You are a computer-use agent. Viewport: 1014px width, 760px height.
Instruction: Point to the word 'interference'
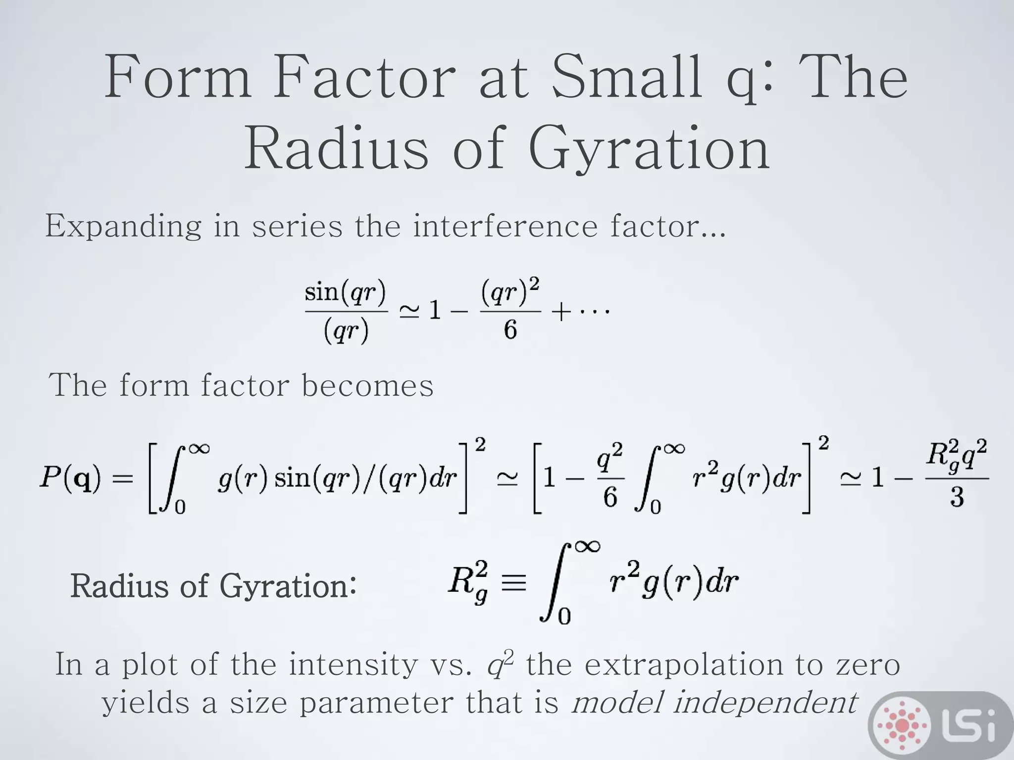[505, 226]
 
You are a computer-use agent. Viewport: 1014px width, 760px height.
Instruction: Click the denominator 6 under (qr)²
[510, 330]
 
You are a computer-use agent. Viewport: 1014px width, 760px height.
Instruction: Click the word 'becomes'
[367, 385]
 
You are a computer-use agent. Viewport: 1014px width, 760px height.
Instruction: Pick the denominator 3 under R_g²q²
[957, 497]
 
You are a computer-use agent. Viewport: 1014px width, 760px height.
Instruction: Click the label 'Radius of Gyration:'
[213, 586]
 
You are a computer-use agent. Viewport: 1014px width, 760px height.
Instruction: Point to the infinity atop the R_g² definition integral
[587, 546]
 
